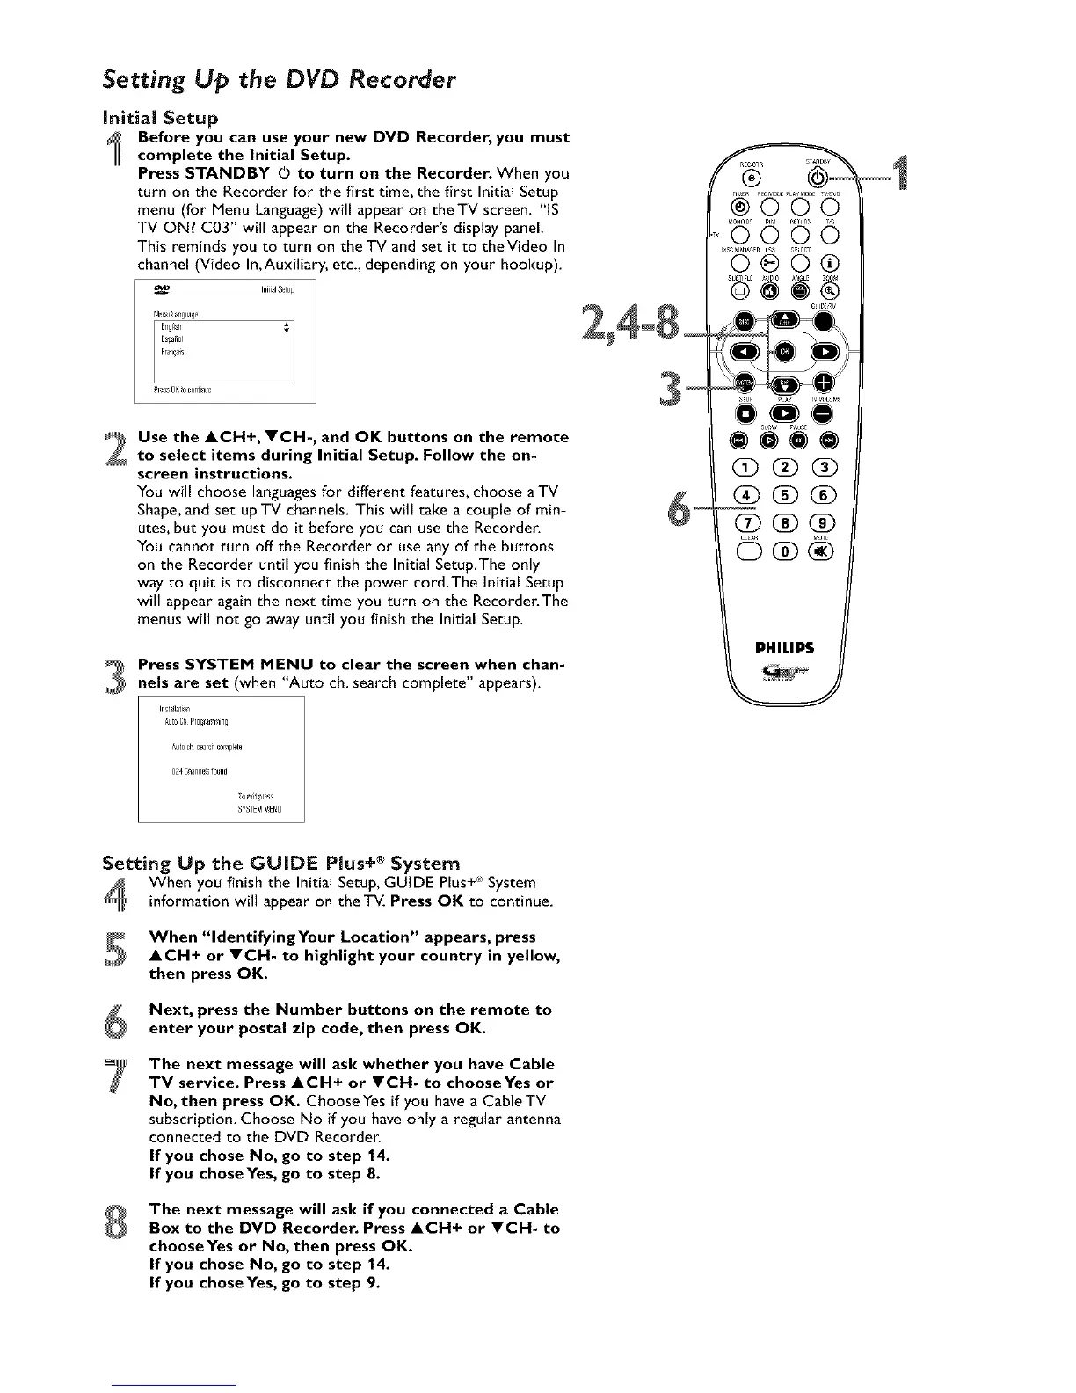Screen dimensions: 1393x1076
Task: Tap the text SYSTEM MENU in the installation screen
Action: click(259, 810)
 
